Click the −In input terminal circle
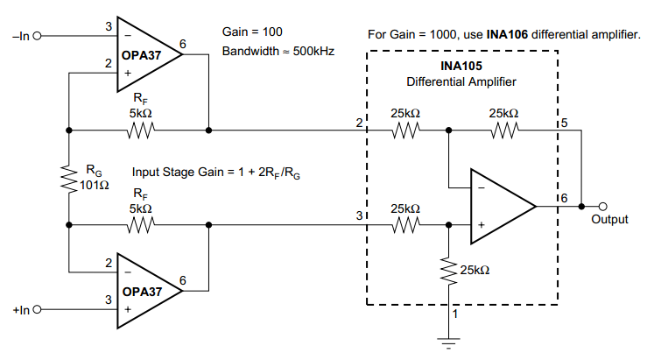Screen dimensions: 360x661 (x=37, y=37)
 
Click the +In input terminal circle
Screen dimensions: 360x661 (x=37, y=309)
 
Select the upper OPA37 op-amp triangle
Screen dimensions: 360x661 (x=145, y=54)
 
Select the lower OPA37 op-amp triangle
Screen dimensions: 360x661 (x=145, y=292)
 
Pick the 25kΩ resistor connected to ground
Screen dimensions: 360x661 (x=448, y=271)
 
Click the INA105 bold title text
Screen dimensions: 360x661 (x=461, y=66)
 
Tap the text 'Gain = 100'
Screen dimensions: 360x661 (x=252, y=32)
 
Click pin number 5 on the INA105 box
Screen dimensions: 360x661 (x=565, y=124)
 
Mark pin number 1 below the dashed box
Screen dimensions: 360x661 (x=454, y=314)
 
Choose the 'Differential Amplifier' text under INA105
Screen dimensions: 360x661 (x=461, y=81)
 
